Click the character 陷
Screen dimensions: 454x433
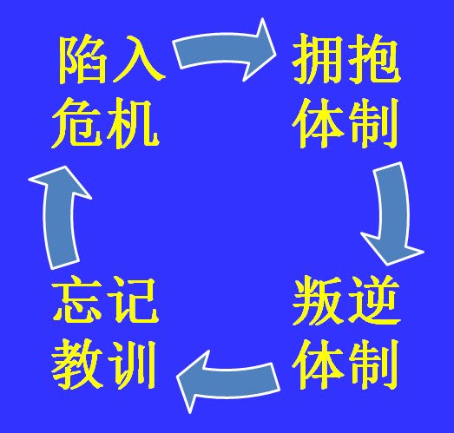tap(82, 60)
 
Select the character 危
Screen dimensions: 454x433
tap(77, 123)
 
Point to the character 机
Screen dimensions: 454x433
tap(132, 124)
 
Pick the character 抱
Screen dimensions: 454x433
tap(373, 59)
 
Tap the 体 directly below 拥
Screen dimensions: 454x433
tap(318, 123)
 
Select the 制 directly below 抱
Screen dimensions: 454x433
tap(372, 123)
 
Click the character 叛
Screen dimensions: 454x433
tap(318, 300)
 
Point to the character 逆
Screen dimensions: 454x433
tap(373, 300)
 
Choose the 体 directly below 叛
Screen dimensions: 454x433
tap(318, 364)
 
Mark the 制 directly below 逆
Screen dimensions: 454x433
tap(372, 364)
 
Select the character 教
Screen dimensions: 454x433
tap(77, 364)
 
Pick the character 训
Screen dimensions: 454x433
tap(132, 364)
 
